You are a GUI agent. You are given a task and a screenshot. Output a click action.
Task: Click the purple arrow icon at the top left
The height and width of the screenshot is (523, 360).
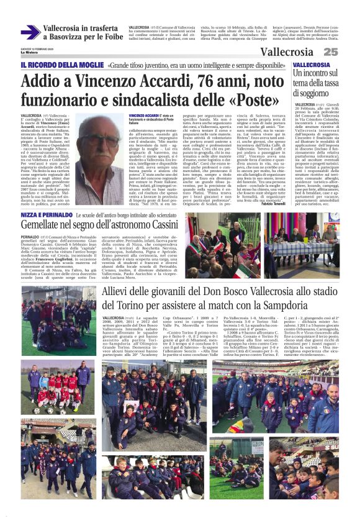coord(30,32)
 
